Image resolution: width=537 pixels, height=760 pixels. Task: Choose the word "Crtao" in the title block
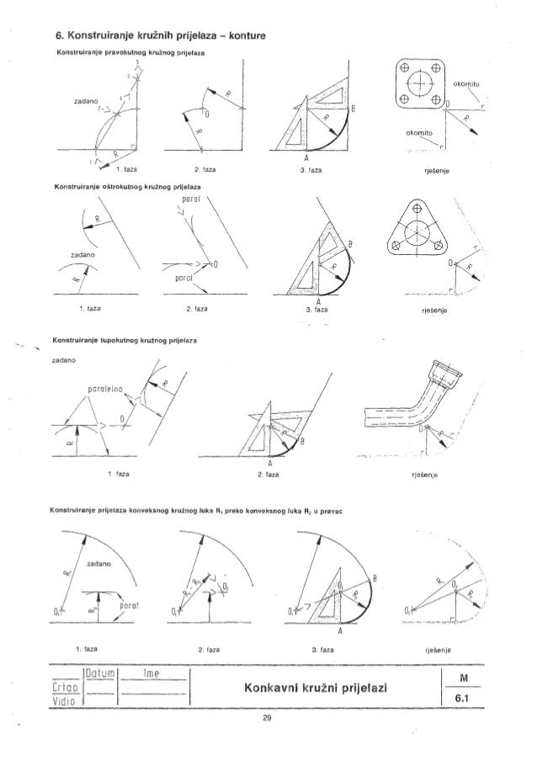69,687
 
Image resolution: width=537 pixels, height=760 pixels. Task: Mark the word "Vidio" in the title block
68,699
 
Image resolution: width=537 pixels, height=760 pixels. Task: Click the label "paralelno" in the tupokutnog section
104,390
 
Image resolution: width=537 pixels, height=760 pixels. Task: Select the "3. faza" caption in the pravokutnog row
310,171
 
